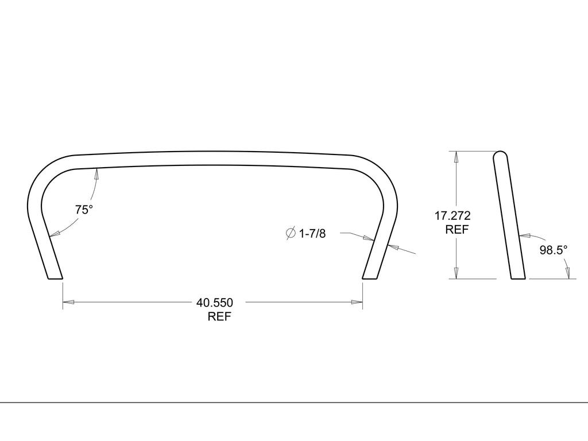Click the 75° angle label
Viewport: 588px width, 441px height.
click(84, 210)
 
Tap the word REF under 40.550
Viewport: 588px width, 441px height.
click(219, 316)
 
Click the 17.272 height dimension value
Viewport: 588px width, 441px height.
click(453, 216)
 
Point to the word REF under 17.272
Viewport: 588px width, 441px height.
click(457, 230)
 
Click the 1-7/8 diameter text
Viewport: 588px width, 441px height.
click(312, 233)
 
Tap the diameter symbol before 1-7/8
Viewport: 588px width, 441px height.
click(291, 233)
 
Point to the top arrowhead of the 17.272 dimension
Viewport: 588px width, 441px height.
click(457, 157)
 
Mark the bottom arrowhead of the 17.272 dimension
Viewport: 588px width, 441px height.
click(457, 273)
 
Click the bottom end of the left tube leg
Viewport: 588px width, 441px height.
click(55, 278)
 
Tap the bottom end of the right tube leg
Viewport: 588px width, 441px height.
click(370, 278)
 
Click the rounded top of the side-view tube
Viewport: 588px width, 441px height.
click(501, 155)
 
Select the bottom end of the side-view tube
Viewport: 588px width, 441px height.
click(517, 278)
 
